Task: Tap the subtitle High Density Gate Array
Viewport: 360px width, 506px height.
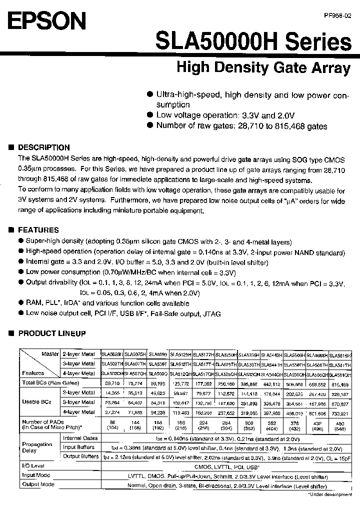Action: point(263,67)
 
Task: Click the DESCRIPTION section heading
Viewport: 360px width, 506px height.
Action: point(43,147)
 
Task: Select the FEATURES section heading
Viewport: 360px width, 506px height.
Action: point(38,230)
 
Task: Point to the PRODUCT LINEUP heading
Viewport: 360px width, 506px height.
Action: point(51,333)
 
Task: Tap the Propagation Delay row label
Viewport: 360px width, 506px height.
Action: point(37,447)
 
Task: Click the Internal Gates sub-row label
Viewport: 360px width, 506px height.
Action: point(80,438)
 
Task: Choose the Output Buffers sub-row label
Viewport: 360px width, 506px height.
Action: point(80,456)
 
